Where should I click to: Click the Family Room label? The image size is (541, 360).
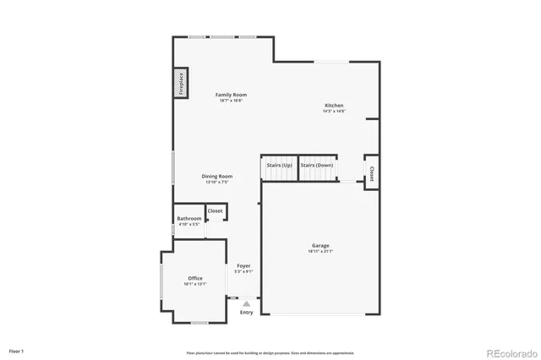coord(230,95)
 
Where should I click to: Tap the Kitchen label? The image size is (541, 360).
coord(334,106)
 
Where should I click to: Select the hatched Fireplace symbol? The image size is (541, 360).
coord(180,83)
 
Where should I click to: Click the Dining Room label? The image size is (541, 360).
coord(218,176)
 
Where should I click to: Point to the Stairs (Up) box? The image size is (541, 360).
coord(278,166)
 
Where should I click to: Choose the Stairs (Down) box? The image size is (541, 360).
coord(317,166)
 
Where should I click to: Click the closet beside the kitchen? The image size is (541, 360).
coord(371,172)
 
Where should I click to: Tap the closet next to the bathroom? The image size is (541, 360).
coord(216,210)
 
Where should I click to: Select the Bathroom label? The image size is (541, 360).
coord(189,219)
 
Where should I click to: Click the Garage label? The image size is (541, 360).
coord(320,246)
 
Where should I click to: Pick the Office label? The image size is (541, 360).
coord(195,278)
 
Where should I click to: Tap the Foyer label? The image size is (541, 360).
coord(243,266)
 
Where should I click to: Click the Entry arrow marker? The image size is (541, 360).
coord(246,302)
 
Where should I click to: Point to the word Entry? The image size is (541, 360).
coord(246,313)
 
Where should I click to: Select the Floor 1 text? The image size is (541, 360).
coord(17,350)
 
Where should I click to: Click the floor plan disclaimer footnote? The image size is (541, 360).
coord(270,352)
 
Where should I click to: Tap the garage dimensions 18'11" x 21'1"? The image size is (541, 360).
coord(320,251)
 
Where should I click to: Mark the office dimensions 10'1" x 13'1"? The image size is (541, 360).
coord(195,283)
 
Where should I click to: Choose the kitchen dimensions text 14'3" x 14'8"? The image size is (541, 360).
coord(334,111)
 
